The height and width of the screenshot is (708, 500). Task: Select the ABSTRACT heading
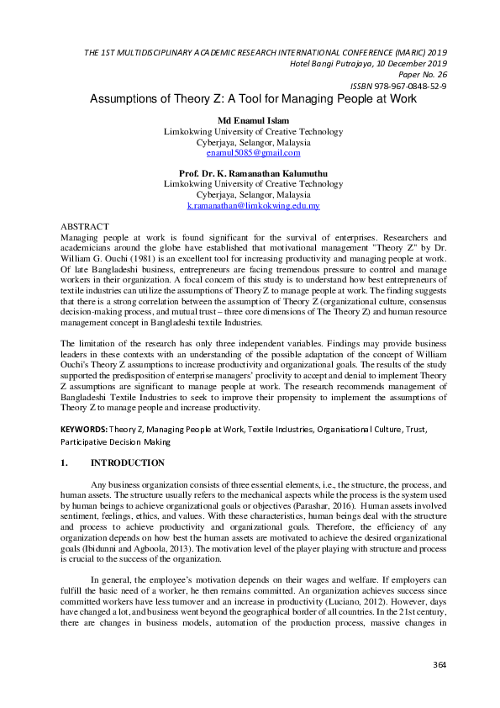click(x=85, y=227)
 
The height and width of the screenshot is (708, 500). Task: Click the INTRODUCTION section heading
click(x=128, y=462)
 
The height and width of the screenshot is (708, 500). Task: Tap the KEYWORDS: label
click(x=83, y=428)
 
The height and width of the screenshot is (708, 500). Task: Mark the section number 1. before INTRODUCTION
click(x=65, y=462)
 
